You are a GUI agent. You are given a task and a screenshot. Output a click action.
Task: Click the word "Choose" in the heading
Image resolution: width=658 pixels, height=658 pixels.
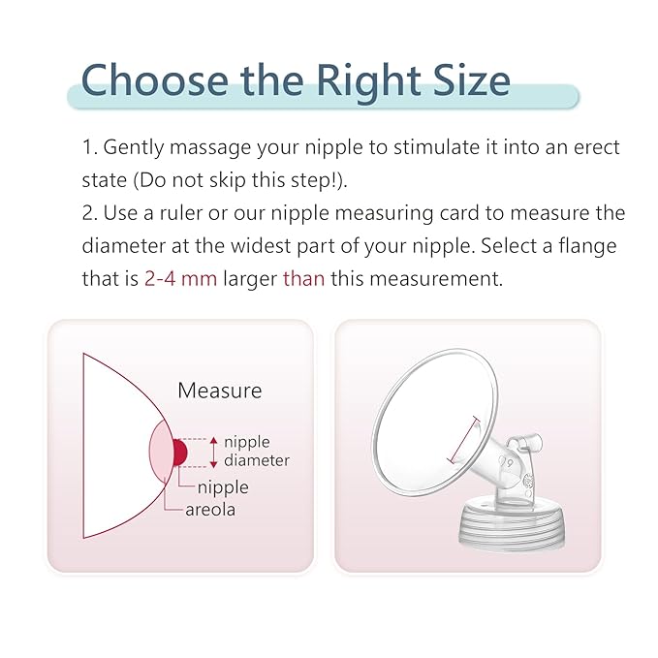pos(155,79)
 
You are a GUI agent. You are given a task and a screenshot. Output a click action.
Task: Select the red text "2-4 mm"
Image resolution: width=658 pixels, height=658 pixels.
pos(180,278)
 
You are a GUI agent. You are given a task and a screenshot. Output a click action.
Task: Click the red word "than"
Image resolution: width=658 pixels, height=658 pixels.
pos(304,278)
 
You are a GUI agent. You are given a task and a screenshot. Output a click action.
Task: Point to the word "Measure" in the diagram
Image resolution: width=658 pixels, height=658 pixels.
pos(219,391)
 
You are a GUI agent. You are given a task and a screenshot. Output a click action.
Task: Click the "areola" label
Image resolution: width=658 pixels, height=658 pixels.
pos(210,510)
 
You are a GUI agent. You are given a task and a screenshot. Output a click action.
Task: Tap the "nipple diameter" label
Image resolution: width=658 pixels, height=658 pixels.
pos(257,452)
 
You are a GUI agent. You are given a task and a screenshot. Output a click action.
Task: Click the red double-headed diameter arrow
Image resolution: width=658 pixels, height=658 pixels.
pos(213,453)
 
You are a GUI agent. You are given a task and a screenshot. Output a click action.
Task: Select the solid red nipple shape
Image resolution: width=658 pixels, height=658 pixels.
pos(179,453)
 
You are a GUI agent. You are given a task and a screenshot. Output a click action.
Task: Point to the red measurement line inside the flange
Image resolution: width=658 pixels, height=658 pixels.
pos(464,440)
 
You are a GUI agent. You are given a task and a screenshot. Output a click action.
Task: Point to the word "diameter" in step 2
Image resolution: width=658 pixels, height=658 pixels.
pos(124,245)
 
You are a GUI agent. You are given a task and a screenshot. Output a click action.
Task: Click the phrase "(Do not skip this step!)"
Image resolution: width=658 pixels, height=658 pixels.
pos(240,180)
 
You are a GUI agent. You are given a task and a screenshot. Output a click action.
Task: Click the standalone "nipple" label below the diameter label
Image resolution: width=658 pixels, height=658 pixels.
pos(223,488)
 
